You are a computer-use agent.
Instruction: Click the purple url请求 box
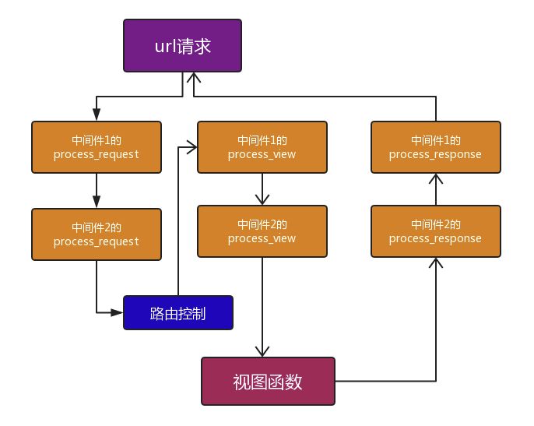pyautogui.click(x=182, y=46)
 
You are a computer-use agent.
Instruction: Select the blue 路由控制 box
pyautogui.click(x=178, y=312)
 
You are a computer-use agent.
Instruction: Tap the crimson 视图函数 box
pyautogui.click(x=268, y=381)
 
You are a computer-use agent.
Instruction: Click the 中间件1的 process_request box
pyautogui.click(x=96, y=146)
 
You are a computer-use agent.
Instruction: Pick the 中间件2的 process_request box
pyautogui.click(x=96, y=234)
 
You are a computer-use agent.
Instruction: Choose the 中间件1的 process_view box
pyautogui.click(x=262, y=146)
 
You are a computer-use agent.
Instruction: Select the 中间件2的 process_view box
pyautogui.click(x=262, y=231)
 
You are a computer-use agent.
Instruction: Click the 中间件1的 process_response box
pyautogui.click(x=435, y=146)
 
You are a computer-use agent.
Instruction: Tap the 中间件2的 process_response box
pyautogui.click(x=435, y=231)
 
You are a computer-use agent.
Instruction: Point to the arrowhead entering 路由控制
pyautogui.click(x=118, y=312)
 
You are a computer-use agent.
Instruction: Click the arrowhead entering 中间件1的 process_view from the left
pyautogui.click(x=191, y=146)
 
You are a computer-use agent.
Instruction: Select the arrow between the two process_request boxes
pyautogui.click(x=96, y=190)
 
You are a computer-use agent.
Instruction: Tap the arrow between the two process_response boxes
pyautogui.click(x=435, y=188)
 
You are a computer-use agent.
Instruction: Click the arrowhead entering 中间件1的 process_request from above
pyautogui.click(x=96, y=114)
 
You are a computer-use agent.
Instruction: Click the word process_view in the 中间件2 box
pyautogui.click(x=262, y=238)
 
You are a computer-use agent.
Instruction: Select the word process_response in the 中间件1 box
pyautogui.click(x=435, y=154)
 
